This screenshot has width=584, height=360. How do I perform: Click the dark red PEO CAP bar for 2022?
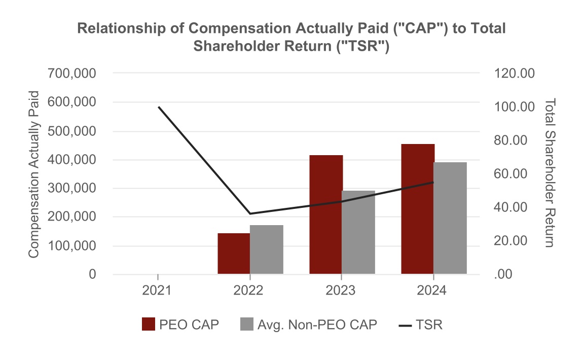[x=234, y=254]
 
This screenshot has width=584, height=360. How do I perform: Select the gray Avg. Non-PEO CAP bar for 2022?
[x=266, y=249]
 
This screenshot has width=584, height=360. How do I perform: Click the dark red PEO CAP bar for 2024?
[x=418, y=209]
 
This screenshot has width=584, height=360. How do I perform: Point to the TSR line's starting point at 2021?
[x=158, y=107]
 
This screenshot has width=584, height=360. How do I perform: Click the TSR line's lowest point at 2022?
[x=249, y=213]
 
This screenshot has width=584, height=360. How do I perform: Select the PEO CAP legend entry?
[x=180, y=325]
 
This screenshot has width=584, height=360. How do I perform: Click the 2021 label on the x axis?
[x=158, y=291]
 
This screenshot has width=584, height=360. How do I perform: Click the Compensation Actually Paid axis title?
[x=34, y=174]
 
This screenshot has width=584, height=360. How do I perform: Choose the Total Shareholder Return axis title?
[x=550, y=173]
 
